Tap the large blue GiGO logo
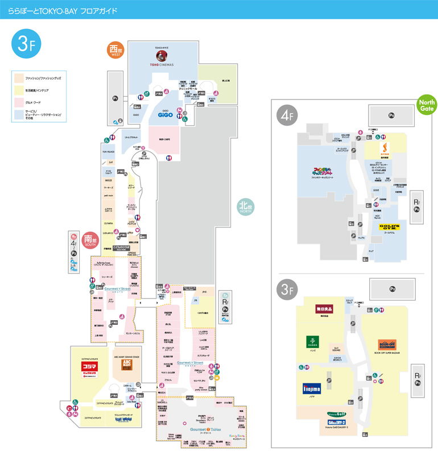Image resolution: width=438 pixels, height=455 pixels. (164, 114)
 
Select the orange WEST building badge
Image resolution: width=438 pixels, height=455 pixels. (117, 50)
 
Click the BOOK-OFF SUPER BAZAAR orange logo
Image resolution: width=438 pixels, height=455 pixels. (389, 344)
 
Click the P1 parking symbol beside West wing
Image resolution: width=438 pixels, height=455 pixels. (115, 98)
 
